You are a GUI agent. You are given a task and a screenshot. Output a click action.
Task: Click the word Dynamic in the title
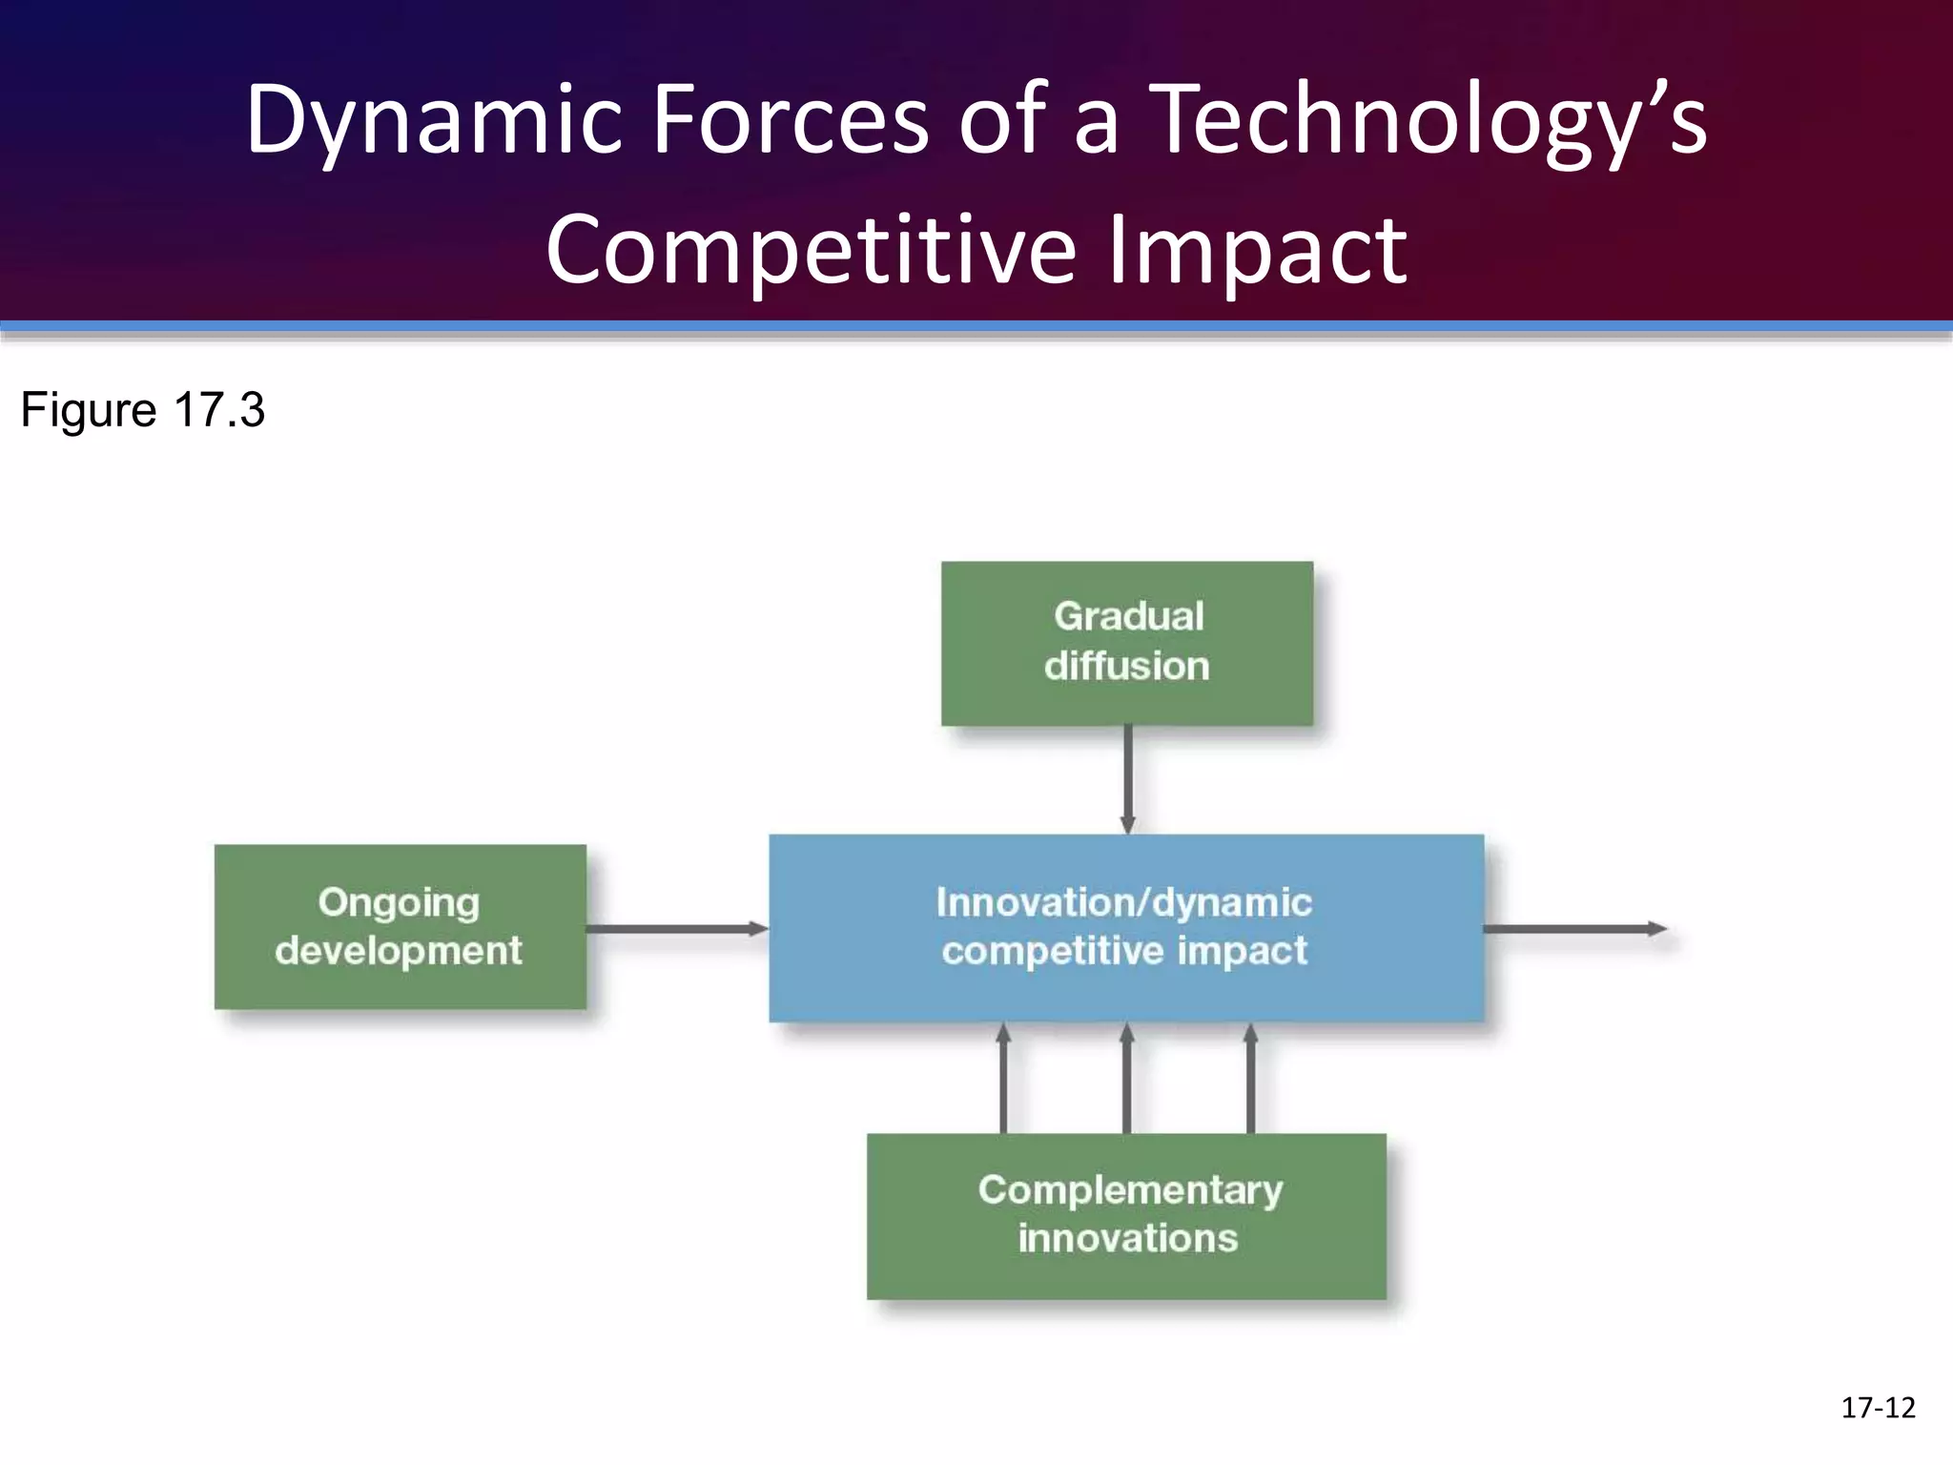click(434, 119)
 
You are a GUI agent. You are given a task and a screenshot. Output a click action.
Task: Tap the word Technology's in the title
click(1430, 119)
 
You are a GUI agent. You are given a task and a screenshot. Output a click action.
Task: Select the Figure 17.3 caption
click(143, 410)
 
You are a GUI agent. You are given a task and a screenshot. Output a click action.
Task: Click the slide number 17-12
click(1878, 1407)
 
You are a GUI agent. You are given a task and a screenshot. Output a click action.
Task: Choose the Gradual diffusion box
click(1127, 643)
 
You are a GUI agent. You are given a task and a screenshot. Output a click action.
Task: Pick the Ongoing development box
click(400, 926)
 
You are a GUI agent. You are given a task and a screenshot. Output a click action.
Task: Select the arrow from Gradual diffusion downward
click(1127, 778)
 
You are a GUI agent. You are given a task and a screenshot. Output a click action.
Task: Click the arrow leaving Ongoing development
click(677, 928)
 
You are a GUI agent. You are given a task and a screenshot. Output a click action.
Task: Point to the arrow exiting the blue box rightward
click(1573, 928)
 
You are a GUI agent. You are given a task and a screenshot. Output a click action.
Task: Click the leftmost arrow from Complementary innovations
click(1003, 1078)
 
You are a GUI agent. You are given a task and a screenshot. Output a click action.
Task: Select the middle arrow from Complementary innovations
click(1127, 1078)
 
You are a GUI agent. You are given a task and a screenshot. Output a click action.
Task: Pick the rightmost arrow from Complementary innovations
click(1251, 1078)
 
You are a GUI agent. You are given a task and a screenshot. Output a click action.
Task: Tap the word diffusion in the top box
click(1127, 666)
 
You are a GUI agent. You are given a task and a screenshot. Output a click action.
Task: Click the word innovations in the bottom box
click(1127, 1238)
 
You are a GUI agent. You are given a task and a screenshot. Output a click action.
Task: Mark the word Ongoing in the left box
click(399, 902)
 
